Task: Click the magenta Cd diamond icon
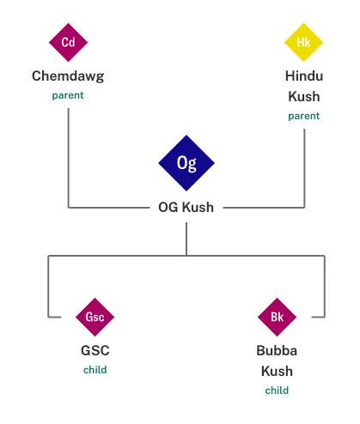click(x=68, y=42)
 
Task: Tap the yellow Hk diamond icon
click(x=303, y=42)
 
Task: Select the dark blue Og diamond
click(x=186, y=163)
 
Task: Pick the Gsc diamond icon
click(x=95, y=317)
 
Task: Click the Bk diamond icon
click(x=277, y=317)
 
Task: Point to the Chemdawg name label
click(x=68, y=76)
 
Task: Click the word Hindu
click(x=304, y=76)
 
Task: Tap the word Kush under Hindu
click(x=304, y=96)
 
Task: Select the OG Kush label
click(x=186, y=207)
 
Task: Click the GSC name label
click(x=95, y=350)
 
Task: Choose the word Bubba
click(x=277, y=350)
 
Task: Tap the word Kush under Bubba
click(x=277, y=371)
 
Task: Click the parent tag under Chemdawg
click(x=68, y=95)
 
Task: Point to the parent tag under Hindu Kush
click(x=304, y=116)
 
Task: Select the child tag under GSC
click(x=95, y=370)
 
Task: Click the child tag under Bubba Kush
click(x=277, y=391)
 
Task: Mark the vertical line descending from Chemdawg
click(x=69, y=158)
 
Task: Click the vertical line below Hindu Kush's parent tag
click(x=304, y=168)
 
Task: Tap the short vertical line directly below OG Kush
click(x=186, y=239)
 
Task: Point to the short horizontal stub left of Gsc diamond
click(x=55, y=317)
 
